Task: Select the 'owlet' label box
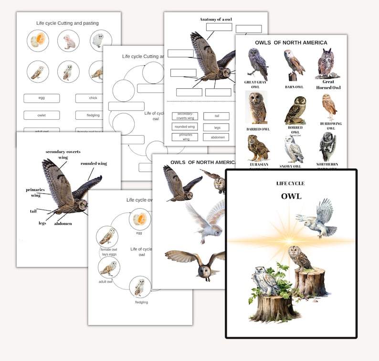(42, 115)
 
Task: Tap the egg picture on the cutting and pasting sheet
(37, 40)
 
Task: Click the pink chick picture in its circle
(69, 41)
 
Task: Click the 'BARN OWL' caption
(295, 87)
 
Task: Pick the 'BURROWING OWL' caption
(328, 126)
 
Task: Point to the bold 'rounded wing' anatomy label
(94, 163)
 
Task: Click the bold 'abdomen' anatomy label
(63, 223)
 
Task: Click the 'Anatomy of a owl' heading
(216, 19)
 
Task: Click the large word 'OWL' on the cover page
(291, 196)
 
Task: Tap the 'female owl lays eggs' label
(108, 252)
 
